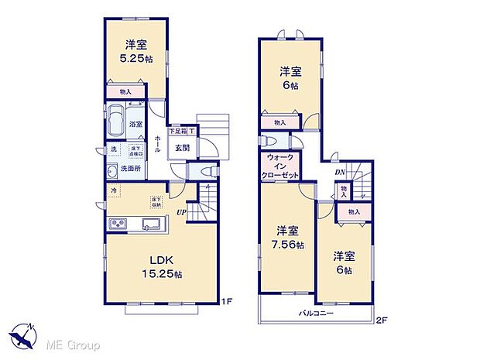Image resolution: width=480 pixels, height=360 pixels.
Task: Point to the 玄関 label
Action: pyautogui.click(x=182, y=149)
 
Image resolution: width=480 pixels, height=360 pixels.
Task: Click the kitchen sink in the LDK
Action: pyautogui.click(x=151, y=225)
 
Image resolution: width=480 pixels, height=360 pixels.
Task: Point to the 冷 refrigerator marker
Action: pyautogui.click(x=112, y=191)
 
